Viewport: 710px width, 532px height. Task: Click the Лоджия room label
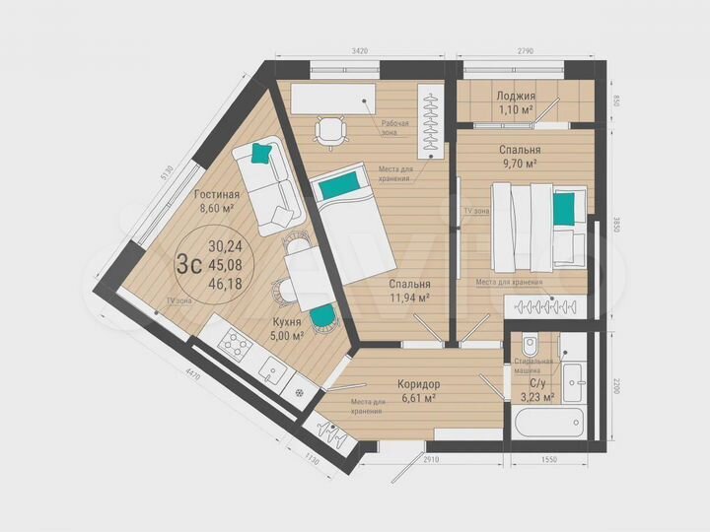tap(516, 96)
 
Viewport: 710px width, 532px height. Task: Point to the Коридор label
tap(418, 383)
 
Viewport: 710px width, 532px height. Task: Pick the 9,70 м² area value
tap(518, 164)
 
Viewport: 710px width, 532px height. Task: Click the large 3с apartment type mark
tap(188, 264)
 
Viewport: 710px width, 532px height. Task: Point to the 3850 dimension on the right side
tap(612, 222)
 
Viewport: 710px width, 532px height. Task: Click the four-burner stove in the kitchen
tap(237, 345)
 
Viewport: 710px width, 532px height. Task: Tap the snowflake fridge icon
tap(300, 389)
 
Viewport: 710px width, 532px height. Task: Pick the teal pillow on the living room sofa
tap(261, 153)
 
